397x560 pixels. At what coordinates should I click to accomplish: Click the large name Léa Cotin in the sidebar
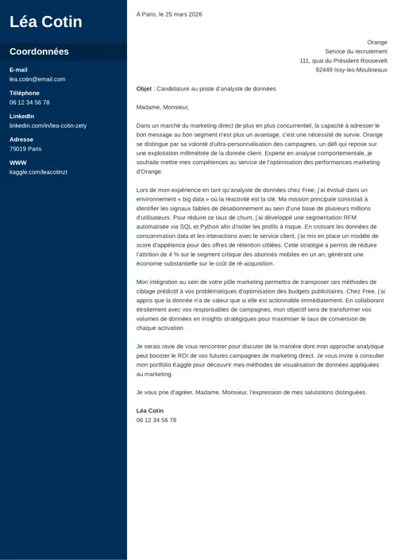(x=46, y=21)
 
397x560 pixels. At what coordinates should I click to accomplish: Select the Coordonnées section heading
(x=39, y=52)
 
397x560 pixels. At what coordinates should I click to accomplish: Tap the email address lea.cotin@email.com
(x=37, y=79)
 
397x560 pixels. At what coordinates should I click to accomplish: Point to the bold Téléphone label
(x=25, y=93)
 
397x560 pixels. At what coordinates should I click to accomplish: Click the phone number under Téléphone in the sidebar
(x=29, y=102)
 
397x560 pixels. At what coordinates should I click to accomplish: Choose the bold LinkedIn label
(x=21, y=116)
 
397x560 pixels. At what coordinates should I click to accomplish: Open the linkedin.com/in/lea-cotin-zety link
(x=48, y=125)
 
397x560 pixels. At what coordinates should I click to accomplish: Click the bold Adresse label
(x=21, y=139)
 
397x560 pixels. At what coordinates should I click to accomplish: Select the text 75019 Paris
(x=25, y=148)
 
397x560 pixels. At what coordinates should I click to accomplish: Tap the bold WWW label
(x=18, y=163)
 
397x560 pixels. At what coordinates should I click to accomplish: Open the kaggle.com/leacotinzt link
(x=38, y=171)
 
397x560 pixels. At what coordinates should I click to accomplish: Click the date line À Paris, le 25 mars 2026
(x=169, y=14)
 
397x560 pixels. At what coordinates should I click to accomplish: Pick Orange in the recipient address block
(x=377, y=42)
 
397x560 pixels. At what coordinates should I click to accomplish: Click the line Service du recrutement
(x=356, y=52)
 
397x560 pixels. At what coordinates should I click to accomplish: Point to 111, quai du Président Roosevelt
(x=343, y=60)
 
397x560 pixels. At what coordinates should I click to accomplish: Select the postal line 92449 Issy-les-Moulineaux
(x=351, y=70)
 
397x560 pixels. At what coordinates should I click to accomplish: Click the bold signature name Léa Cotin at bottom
(x=150, y=411)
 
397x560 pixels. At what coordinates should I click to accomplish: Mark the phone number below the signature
(x=156, y=420)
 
